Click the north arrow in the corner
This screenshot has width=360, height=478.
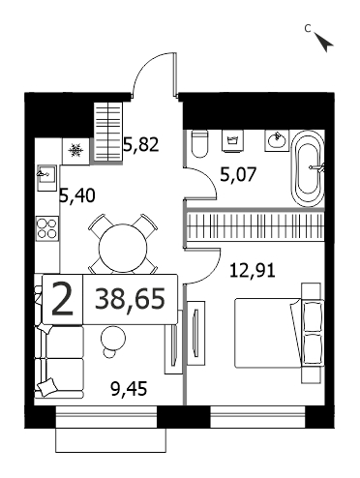coord(324,42)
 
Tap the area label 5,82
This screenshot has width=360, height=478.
coord(141,144)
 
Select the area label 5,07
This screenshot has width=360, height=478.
coord(238,175)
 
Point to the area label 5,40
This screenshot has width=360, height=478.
coord(77,195)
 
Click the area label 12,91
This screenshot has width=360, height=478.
coord(253,270)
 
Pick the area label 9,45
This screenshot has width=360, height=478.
coord(129,388)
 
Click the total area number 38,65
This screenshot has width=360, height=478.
coord(130,299)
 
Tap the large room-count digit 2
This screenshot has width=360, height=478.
coord(63,299)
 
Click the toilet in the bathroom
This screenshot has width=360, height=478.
coord(198,143)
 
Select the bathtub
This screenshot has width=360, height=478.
coord(308,168)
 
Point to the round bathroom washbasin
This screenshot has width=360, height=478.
coord(277,140)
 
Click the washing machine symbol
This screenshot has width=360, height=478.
coord(232,140)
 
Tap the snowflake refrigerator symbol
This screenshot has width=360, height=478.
coord(75,150)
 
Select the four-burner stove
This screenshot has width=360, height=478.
coord(46,228)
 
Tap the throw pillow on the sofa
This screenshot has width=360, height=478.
coord(45,386)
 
